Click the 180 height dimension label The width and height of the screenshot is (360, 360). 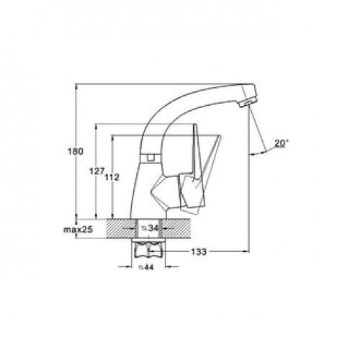coord(76,152)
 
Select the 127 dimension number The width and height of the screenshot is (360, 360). coord(97,171)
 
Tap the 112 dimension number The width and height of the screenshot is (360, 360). coord(112,177)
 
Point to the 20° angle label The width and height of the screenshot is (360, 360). coord(281,143)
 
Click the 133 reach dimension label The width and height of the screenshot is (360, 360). coord(199,252)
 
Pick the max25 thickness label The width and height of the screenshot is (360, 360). coord(78,230)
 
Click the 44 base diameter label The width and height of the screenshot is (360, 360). coord(146,267)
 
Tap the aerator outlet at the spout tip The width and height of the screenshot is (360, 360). coord(246,104)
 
